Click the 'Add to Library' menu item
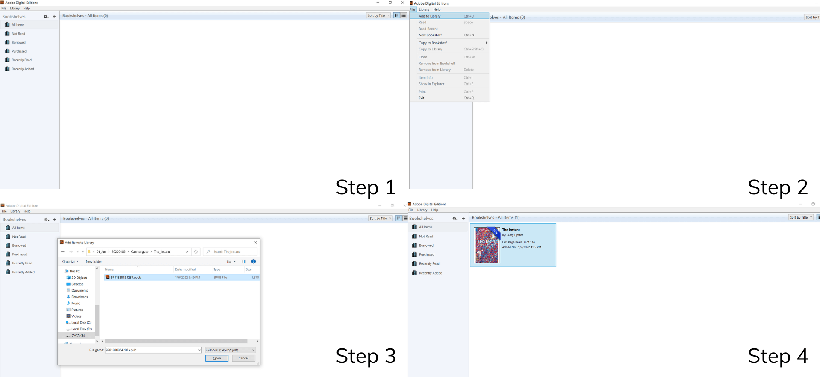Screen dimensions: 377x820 click(x=430, y=16)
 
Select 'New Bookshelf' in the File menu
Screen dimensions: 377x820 click(x=430, y=35)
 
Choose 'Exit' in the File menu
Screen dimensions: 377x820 click(x=422, y=98)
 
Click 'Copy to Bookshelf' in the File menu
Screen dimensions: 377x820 click(x=433, y=43)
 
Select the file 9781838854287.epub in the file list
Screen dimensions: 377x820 click(x=126, y=278)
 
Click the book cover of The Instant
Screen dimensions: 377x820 click(x=487, y=245)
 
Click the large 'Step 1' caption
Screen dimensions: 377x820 click(x=366, y=187)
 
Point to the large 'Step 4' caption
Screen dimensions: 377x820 click(x=778, y=356)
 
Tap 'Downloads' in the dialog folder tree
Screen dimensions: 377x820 click(x=80, y=297)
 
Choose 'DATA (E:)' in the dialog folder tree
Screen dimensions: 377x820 click(x=78, y=336)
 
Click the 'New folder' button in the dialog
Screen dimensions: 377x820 click(x=94, y=262)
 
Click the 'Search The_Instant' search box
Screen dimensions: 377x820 click(x=231, y=252)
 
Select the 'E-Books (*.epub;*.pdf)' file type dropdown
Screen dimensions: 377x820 click(x=230, y=350)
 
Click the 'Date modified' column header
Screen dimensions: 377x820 click(x=185, y=269)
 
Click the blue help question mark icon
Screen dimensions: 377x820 click(x=254, y=262)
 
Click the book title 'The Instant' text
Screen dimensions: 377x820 click(x=511, y=230)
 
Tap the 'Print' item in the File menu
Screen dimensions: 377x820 click(x=422, y=92)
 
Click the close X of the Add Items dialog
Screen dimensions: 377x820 click(x=255, y=243)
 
